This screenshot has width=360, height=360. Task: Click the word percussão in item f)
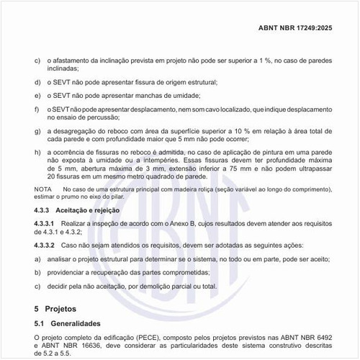coord(99,116)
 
